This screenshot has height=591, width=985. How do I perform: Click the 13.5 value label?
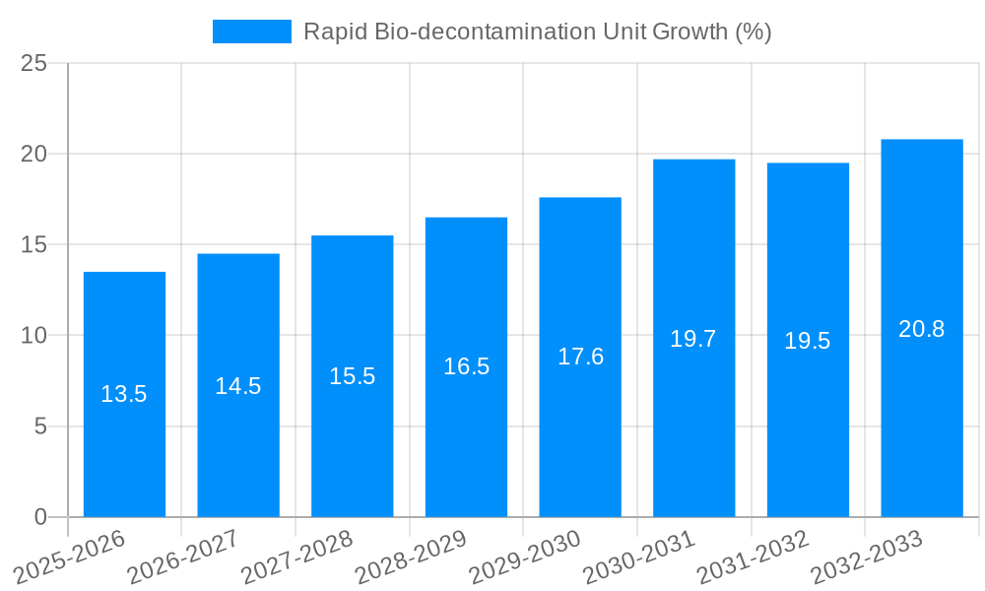124,395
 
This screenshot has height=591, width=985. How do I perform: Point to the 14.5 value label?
238,386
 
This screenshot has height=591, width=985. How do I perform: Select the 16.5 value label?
466,367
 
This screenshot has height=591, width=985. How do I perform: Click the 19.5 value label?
808,342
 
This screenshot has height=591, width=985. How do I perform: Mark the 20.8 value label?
922,330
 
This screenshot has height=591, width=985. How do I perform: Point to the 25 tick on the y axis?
33,64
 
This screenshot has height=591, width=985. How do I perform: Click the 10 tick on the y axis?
33,336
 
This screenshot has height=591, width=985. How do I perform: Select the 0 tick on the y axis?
40,517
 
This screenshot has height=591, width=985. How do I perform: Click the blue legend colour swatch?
252,32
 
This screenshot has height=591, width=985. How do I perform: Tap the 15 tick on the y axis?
33,245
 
